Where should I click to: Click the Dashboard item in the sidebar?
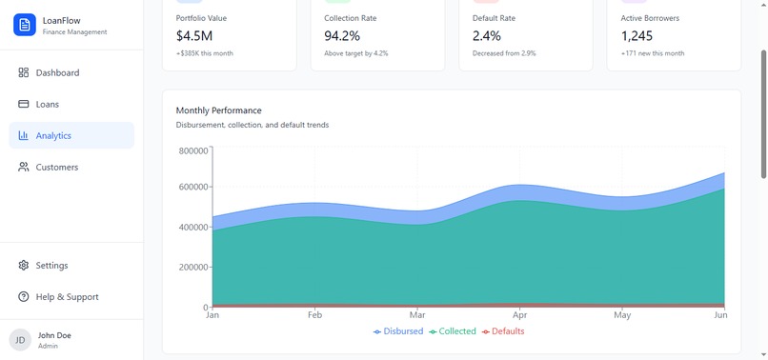57,72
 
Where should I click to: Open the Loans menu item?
47,104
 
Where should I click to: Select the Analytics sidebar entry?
53,135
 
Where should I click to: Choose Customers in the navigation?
56,167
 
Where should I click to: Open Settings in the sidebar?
51,266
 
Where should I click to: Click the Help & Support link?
67,297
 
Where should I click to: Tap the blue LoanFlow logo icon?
25,25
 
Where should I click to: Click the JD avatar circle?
20,340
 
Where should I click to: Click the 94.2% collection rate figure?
342,35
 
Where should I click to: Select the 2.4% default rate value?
486,35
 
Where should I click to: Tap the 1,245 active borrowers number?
637,35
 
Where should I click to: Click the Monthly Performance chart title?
218,110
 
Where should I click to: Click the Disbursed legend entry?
398,331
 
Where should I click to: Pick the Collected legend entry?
453,331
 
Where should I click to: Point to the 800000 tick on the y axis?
192,150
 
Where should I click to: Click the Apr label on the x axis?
519,314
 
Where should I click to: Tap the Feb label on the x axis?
314,314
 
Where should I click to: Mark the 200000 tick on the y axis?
192,268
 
